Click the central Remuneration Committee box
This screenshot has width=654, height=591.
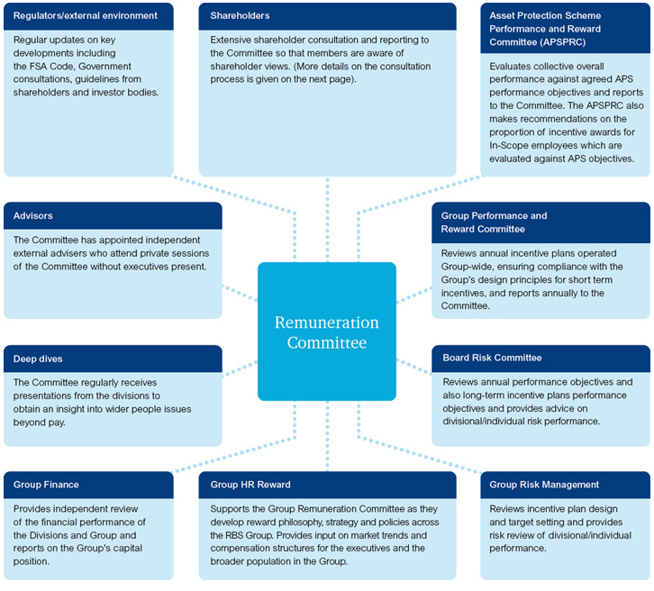click(327, 332)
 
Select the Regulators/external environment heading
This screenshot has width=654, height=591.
click(86, 15)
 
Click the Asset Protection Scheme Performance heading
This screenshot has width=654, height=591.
click(545, 15)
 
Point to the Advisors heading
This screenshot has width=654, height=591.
click(33, 216)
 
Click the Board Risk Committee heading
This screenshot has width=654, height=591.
click(492, 358)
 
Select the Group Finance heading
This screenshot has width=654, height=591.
click(46, 485)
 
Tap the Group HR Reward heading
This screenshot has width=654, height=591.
click(250, 485)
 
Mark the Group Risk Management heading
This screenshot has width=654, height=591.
click(544, 485)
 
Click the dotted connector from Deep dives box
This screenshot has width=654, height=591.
click(240, 368)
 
